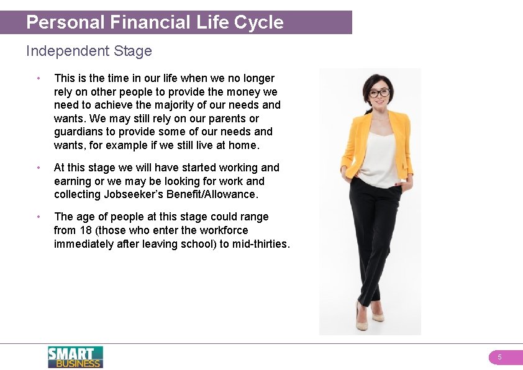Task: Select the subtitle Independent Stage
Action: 89,51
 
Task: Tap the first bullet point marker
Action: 39,78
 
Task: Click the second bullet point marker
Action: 39,168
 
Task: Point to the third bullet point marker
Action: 39,217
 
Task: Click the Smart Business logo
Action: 75,357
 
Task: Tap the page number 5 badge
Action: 499,358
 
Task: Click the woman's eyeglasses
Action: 379,93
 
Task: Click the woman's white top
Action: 380,155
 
